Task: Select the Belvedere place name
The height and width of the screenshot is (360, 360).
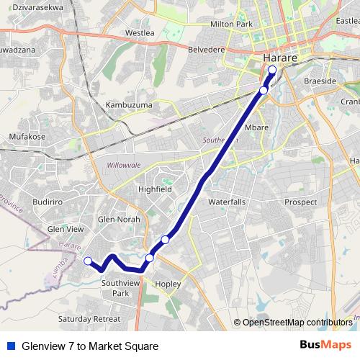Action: pos(206,50)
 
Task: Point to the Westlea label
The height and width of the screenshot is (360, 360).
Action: pos(140,33)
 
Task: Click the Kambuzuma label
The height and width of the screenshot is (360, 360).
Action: pos(127,105)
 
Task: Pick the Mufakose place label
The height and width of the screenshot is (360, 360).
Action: pos(27,135)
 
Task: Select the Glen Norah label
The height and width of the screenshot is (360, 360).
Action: pos(119,219)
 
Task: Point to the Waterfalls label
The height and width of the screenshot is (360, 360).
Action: pos(227,202)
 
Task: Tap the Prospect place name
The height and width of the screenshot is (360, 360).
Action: pos(300,202)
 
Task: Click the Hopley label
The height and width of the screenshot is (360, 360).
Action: pos(168,284)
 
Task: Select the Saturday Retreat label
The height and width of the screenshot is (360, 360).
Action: pos(89,318)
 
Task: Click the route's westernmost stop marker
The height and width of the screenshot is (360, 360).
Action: pos(88,261)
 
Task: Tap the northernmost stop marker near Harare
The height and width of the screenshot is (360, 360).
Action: pos(272,70)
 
